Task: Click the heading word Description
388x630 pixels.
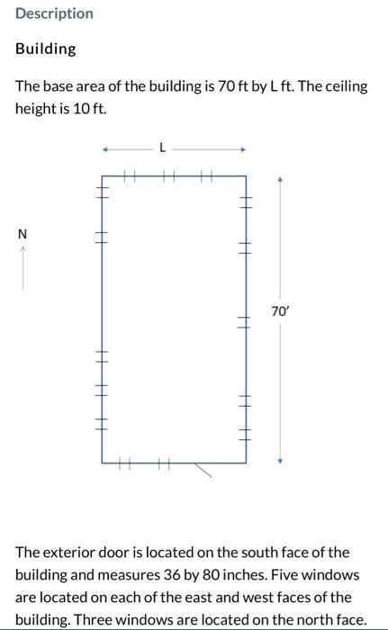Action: click(x=54, y=13)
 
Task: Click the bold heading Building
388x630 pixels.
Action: click(x=45, y=49)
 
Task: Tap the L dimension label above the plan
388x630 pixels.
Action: click(x=162, y=148)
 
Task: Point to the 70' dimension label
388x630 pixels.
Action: click(x=280, y=311)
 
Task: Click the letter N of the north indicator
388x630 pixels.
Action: click(x=23, y=234)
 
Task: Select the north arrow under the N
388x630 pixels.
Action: click(x=23, y=268)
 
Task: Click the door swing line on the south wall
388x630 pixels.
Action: click(x=203, y=470)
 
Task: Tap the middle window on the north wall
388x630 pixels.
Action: click(x=169, y=175)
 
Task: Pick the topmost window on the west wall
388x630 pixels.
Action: click(x=102, y=193)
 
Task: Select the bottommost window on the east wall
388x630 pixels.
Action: click(x=246, y=435)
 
